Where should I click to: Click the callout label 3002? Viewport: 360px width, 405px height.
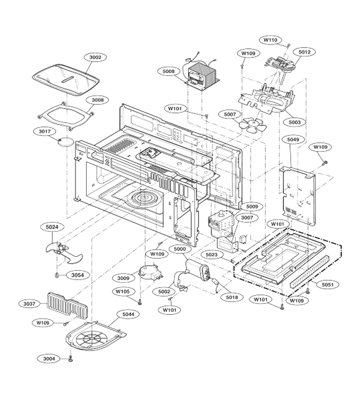(95, 57)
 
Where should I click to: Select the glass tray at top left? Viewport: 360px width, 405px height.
(66, 80)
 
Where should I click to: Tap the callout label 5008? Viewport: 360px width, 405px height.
(169, 71)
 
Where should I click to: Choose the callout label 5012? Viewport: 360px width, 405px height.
(305, 52)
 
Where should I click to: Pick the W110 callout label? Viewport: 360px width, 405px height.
(270, 40)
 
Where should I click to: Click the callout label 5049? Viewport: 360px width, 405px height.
(293, 140)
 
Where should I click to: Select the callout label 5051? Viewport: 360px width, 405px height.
(328, 285)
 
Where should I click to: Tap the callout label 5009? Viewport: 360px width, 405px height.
(252, 207)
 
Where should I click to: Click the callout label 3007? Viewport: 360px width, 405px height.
(247, 218)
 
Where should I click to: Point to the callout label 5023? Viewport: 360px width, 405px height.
(211, 255)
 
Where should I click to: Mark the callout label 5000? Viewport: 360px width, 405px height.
(180, 249)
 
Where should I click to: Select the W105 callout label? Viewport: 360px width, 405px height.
(122, 292)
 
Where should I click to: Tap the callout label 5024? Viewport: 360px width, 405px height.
(52, 227)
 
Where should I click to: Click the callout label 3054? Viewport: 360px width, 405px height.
(78, 275)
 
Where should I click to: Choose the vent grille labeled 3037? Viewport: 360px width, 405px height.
(67, 305)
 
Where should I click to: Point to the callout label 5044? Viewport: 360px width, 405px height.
(128, 315)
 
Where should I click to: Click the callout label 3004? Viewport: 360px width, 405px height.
(49, 359)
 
